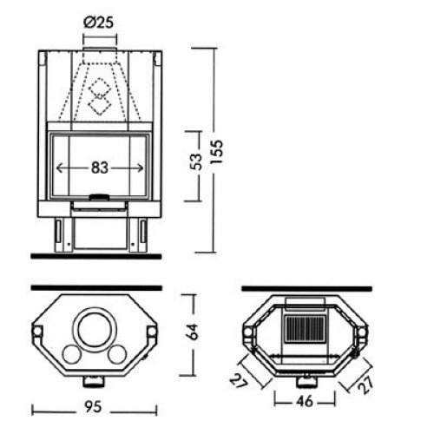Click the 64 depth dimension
click(195, 330)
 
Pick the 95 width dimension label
click(97, 406)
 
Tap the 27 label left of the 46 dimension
click(239, 378)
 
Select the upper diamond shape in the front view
click(98, 86)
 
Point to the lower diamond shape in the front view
click(98, 106)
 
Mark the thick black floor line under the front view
click(95, 256)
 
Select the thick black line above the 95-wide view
click(95, 286)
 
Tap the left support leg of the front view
click(58, 232)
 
